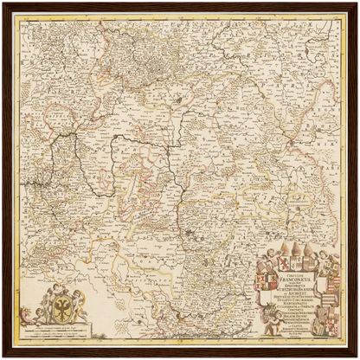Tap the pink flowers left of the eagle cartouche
[25, 313]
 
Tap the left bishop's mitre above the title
[285, 248]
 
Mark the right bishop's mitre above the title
[309, 248]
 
